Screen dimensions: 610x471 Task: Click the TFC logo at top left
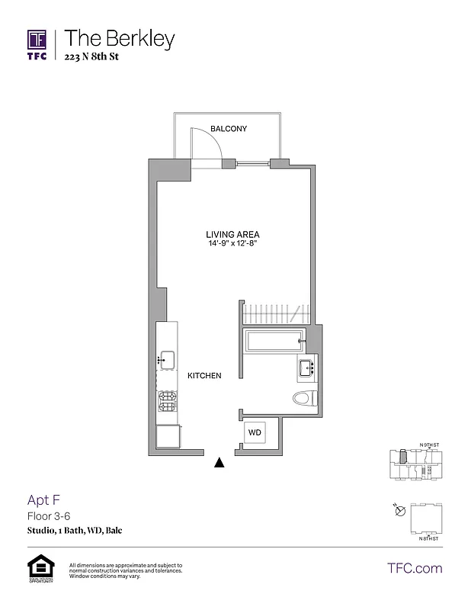[37, 45]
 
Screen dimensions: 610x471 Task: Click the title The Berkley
[120, 39]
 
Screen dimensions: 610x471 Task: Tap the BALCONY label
[229, 129]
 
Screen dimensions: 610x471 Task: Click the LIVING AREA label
[232, 234]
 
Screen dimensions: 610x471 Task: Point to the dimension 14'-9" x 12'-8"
[232, 244]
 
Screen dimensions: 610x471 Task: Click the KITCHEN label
[204, 376]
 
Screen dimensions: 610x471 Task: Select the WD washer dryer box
[255, 432]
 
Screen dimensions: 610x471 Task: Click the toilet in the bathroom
[303, 397]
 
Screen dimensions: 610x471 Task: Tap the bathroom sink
[308, 368]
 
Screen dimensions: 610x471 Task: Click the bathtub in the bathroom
[274, 341]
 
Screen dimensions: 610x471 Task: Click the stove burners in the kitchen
[167, 402]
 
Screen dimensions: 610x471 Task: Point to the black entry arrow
[220, 461]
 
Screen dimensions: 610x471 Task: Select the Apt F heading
[43, 500]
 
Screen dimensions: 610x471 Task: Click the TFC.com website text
[415, 568]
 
